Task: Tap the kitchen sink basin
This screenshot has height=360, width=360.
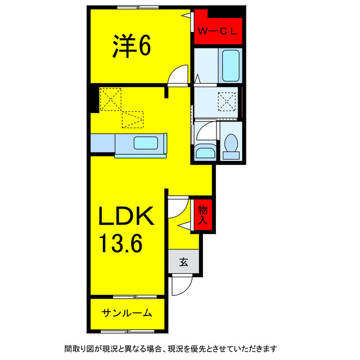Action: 146,143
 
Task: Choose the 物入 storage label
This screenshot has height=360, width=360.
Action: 202,215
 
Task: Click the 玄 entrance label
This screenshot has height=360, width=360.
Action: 183,262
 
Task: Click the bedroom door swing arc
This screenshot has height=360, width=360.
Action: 179,75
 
